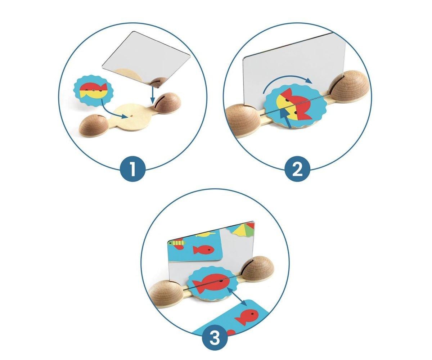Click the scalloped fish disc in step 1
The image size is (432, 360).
[94, 91]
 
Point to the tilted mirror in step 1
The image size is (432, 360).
[146, 60]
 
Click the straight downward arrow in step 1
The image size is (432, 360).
[152, 95]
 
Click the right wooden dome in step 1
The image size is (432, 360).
[167, 102]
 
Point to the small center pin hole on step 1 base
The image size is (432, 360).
[131, 116]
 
